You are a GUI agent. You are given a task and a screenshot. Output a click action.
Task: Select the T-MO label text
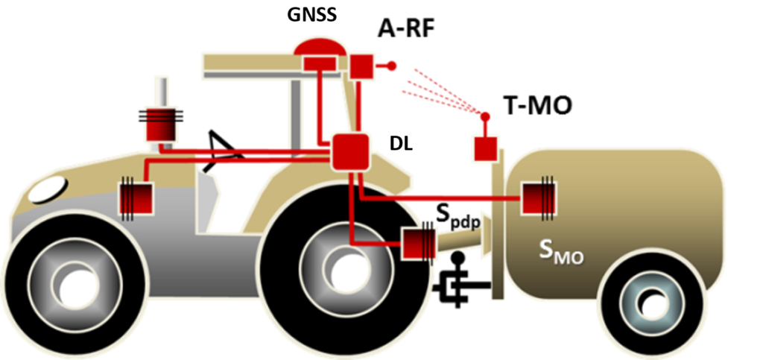(537, 107)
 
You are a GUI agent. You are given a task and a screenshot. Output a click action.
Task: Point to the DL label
(402, 144)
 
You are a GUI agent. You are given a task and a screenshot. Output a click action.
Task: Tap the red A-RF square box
(362, 66)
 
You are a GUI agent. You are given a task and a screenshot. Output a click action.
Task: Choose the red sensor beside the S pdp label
(417, 244)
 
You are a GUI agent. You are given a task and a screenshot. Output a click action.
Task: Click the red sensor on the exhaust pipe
(162, 124)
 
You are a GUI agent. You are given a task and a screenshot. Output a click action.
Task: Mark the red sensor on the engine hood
(136, 198)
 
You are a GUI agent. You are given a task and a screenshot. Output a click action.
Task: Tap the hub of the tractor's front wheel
(73, 283)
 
